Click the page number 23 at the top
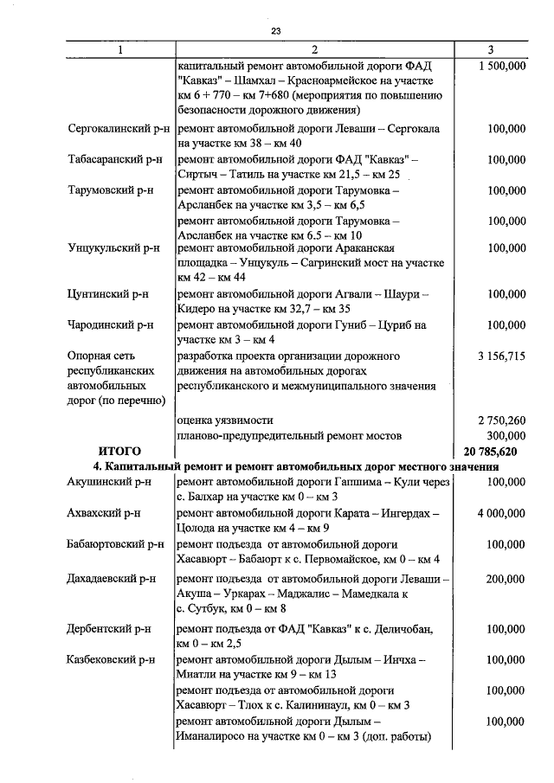tap(276, 32)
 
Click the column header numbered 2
tap(314, 50)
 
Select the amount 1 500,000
tap(501, 66)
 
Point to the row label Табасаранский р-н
tap(114, 159)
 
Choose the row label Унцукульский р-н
tap(114, 247)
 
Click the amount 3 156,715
tap(501, 356)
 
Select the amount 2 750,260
tap(501, 420)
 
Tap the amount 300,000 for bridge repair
tap(506, 435)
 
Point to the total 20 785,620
tap(491, 452)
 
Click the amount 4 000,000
tap(501, 513)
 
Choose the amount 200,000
tap(506, 579)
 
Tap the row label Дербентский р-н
tap(109, 629)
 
